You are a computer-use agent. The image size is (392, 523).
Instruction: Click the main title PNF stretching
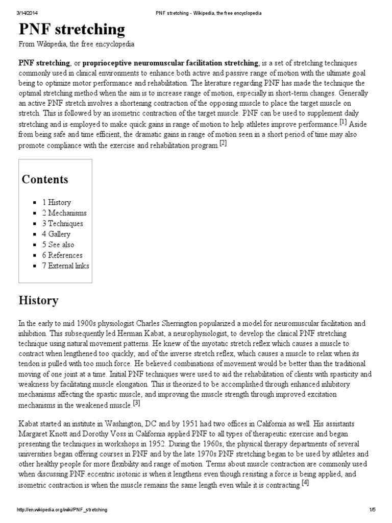71,30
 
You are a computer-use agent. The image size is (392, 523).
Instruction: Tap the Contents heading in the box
45,180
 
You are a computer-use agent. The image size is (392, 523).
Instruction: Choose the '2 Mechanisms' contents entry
64,213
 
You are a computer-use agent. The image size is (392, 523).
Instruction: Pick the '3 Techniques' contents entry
62,224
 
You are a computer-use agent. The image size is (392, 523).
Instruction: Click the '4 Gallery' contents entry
56,234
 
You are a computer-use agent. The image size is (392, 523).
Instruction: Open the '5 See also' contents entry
58,245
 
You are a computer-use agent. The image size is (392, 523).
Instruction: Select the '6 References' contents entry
62,255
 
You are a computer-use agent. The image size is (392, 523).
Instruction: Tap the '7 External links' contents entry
65,266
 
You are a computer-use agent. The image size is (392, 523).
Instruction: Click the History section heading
39,300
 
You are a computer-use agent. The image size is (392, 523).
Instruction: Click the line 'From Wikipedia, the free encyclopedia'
77,44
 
